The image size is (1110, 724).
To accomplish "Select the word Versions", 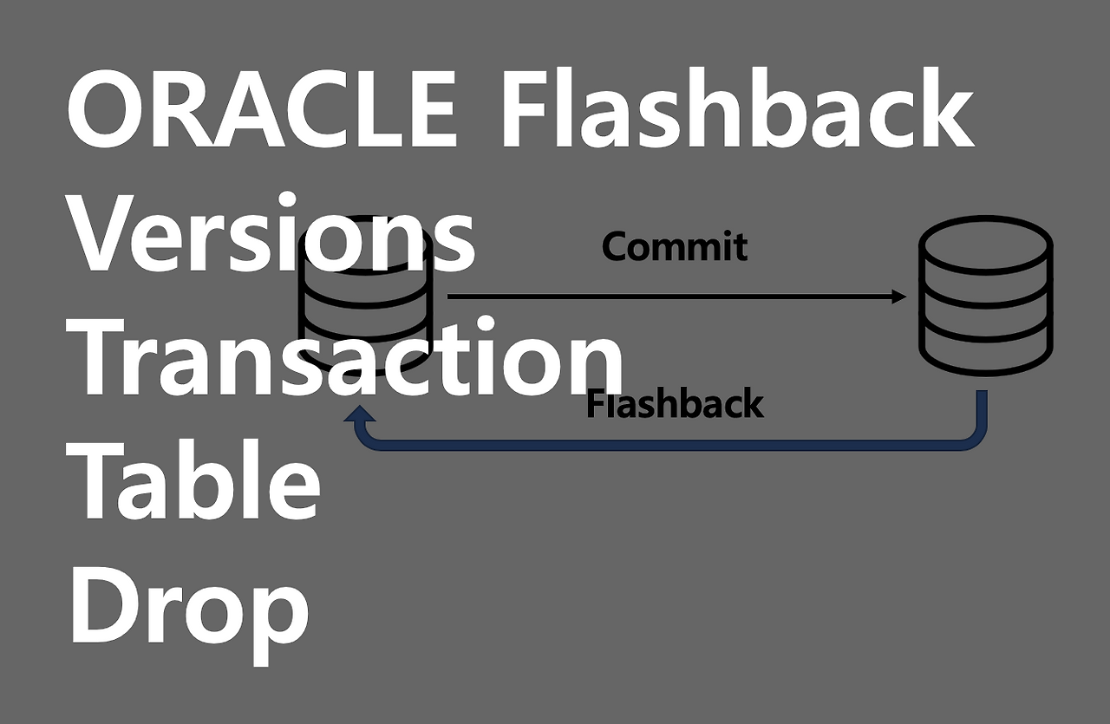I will tap(271, 234).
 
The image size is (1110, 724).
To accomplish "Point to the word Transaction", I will tap(347, 357).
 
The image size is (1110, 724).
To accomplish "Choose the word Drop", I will tap(189, 607).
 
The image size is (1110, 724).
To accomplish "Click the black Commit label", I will tap(675, 247).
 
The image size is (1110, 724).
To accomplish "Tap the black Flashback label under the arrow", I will tap(675, 405).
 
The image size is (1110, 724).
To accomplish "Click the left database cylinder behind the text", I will tap(365, 299).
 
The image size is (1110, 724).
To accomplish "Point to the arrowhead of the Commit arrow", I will tap(899, 297).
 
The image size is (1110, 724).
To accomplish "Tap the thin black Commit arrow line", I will tap(668, 297).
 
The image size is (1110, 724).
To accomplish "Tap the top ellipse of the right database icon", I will tap(985, 240).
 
